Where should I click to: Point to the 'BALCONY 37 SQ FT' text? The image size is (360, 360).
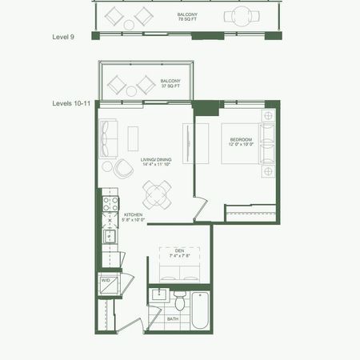pos(170,84)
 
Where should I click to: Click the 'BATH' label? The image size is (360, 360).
pos(173,319)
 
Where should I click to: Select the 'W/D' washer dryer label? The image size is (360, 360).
pos(105,281)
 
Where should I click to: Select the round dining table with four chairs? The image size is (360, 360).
pos(157,193)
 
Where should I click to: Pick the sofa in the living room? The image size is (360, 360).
pos(109,137)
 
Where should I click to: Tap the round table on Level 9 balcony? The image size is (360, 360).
pos(239,15)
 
